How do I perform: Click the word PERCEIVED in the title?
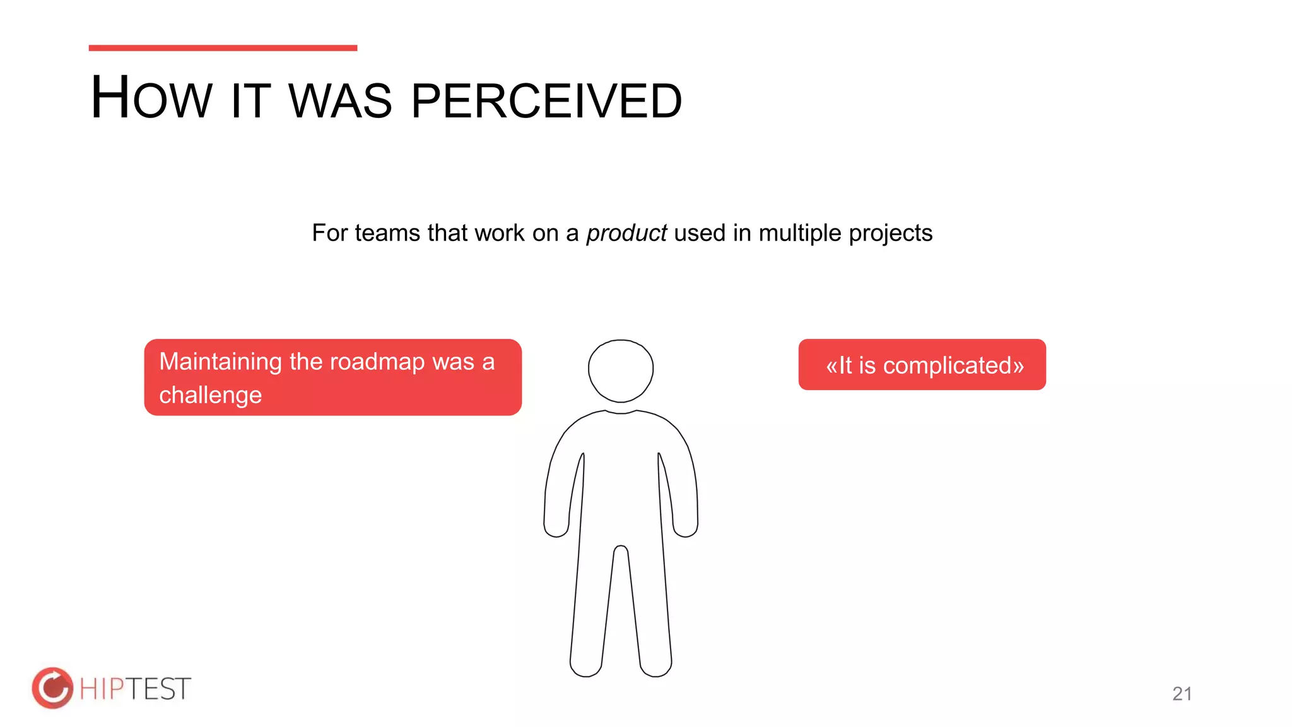[546, 101]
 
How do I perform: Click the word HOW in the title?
[151, 98]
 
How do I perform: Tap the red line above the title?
[223, 48]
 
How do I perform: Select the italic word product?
[626, 233]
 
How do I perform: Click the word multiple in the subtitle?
[799, 233]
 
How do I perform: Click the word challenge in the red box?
[210, 395]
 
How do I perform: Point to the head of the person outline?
[621, 370]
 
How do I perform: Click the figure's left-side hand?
[556, 525]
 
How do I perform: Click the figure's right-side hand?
[686, 525]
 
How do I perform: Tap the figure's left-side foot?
[586, 666]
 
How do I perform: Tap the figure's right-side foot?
[656, 666]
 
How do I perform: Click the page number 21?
[1182, 694]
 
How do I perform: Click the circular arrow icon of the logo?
[52, 688]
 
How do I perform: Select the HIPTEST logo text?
[135, 689]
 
